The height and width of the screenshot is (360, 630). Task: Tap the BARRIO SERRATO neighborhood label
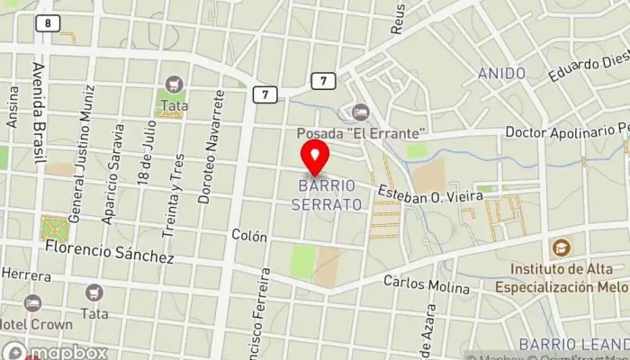coord(327,194)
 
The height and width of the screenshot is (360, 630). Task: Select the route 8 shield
coord(45,22)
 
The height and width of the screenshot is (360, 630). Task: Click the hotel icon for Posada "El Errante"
coord(360,112)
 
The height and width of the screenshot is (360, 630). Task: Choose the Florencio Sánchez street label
coord(109,251)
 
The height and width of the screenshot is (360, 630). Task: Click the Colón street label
coord(249,236)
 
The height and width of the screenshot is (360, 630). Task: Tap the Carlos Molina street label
coord(427,285)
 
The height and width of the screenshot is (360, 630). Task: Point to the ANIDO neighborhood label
coord(501,73)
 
